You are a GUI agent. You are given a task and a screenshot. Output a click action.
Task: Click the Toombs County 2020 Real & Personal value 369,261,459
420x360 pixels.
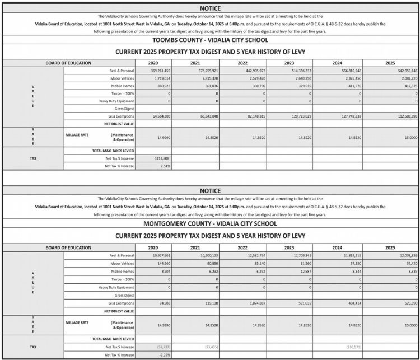point(160,71)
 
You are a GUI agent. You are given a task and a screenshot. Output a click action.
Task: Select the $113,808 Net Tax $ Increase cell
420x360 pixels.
point(162,159)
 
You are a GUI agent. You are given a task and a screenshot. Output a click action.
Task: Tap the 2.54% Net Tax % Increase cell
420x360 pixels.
point(164,166)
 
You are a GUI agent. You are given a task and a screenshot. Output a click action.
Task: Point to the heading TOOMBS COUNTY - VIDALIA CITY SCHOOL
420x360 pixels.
point(210,40)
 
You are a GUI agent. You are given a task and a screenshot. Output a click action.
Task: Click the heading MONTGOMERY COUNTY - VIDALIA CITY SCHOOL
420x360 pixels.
point(210,223)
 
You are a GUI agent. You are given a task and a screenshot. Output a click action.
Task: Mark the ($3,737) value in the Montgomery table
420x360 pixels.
point(162,347)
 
